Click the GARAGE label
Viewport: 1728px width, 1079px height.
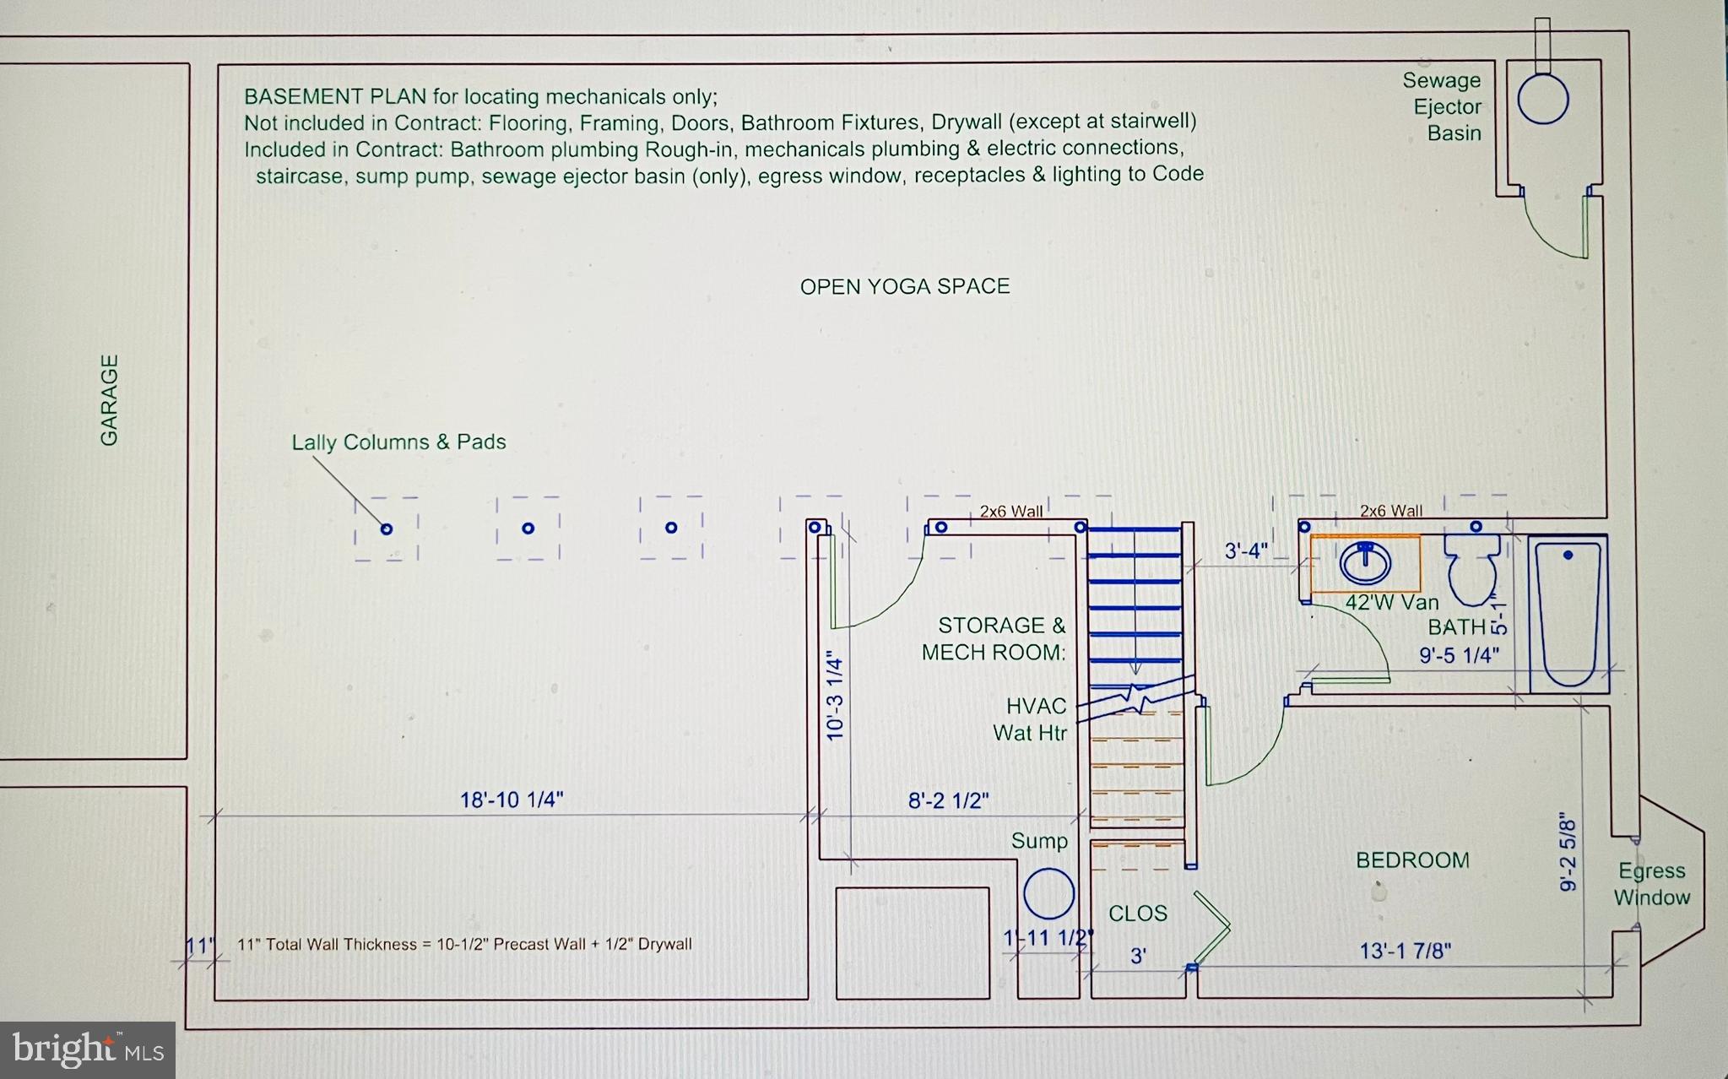109,400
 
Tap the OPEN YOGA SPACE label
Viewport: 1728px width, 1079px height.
904,287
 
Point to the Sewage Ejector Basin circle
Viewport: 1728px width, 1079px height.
1542,100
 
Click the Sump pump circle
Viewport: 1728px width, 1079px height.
1048,893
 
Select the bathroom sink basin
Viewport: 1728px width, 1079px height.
1365,562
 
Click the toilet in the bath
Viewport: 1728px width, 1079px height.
1472,568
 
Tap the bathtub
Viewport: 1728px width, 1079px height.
1568,614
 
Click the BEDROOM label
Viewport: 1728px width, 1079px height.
1412,860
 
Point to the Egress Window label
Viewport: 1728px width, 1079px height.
1651,884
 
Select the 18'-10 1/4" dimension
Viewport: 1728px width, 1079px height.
511,800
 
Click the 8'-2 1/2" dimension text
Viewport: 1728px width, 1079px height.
948,800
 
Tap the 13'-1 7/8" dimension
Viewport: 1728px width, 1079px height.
1405,952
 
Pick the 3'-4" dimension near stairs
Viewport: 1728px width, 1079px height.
1245,551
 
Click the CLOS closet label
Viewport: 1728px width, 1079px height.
1137,914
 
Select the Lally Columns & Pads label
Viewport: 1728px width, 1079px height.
398,442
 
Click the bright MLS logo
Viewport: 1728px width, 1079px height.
88,1049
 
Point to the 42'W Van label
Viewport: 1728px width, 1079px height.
1391,603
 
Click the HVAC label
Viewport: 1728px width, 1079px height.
1036,706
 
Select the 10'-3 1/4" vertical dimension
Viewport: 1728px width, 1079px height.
835,696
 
